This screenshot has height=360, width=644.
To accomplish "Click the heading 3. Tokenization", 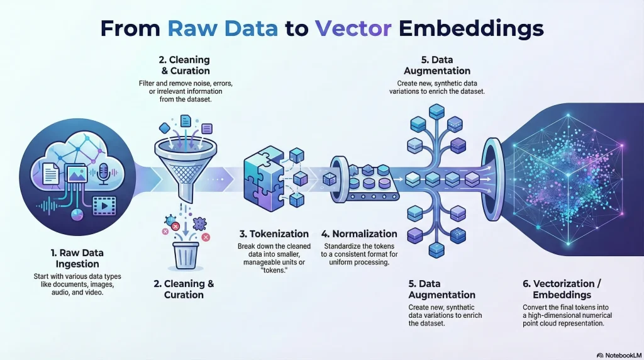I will (x=272, y=233).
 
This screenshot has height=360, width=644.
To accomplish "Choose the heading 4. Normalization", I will (x=359, y=233).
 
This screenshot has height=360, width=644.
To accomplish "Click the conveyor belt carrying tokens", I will (x=365, y=186).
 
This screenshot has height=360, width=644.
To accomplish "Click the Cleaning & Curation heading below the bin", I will (x=184, y=289).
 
